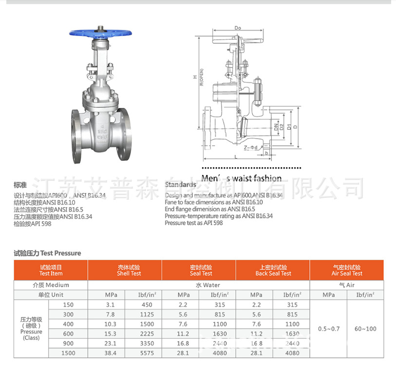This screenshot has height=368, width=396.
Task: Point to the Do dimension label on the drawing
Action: (x=238, y=28)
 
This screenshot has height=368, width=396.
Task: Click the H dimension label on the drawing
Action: (x=195, y=77)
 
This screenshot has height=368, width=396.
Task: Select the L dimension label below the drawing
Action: (x=235, y=157)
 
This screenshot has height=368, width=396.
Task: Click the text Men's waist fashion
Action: (x=242, y=178)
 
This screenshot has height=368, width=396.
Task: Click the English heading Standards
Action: (x=180, y=185)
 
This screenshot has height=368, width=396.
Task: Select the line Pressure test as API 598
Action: (x=194, y=223)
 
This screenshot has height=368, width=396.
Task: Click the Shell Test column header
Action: (x=129, y=270)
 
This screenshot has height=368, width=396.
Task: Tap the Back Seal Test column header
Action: (x=273, y=270)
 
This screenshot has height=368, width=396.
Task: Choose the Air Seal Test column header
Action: (x=347, y=270)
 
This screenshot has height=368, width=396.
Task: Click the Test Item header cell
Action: (x=51, y=270)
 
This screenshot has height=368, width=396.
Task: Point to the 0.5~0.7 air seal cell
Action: (x=328, y=329)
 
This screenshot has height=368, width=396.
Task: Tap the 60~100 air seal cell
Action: (x=365, y=329)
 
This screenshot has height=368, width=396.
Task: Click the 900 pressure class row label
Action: (x=68, y=343)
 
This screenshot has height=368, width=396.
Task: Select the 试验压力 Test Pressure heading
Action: (x=47, y=253)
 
